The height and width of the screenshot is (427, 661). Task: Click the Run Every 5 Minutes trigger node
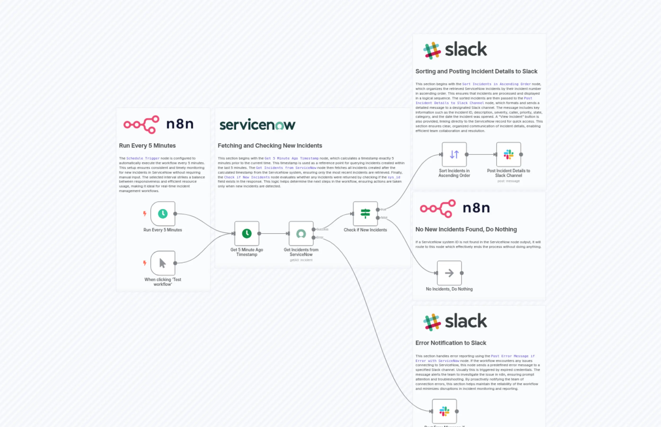[x=163, y=213]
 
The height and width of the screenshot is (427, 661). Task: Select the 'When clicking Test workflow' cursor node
[x=163, y=263]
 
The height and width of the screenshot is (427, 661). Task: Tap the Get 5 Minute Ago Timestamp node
[x=247, y=233]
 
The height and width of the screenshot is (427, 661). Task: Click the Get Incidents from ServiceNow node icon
[x=301, y=233]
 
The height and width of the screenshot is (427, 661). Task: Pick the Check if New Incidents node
[x=365, y=213]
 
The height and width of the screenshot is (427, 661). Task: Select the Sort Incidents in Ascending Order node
[x=454, y=154]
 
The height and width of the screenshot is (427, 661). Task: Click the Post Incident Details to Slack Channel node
[x=508, y=154]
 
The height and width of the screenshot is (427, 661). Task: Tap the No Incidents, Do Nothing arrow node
[x=449, y=273]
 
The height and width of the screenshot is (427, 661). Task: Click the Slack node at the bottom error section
[x=444, y=411]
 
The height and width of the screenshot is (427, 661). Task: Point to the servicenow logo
[x=257, y=125]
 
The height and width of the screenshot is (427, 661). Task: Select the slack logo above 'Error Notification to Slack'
[x=455, y=322]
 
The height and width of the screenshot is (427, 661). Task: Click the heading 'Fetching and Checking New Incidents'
[x=270, y=145]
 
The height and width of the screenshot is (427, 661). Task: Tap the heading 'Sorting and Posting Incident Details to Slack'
[x=476, y=71]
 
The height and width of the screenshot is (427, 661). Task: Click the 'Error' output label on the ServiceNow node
[x=320, y=237]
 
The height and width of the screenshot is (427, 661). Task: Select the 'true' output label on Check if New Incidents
[x=383, y=209]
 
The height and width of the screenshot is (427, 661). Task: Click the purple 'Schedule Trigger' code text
[x=143, y=158]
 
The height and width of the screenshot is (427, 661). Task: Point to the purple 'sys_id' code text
[x=394, y=177]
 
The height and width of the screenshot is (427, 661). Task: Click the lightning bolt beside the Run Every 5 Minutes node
[x=145, y=213]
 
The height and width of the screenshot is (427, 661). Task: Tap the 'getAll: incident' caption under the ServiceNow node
[x=301, y=260]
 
